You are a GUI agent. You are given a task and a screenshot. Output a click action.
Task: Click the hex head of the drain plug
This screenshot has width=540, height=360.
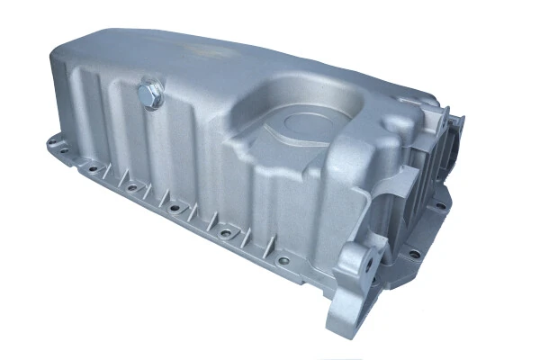[x=150, y=90]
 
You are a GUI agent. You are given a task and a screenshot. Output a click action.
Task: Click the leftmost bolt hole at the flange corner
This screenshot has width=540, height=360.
[x=52, y=142]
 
